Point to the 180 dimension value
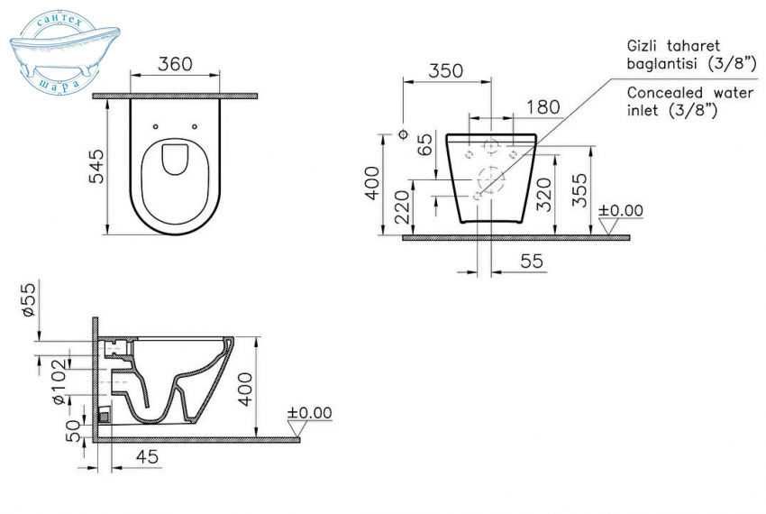point(542,107)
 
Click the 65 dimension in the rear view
point(424,147)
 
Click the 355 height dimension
point(581,190)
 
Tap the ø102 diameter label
point(56,386)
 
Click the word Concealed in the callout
point(660,92)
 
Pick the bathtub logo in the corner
point(53,54)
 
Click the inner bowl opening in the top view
point(176,161)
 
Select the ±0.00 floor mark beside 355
point(621,211)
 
